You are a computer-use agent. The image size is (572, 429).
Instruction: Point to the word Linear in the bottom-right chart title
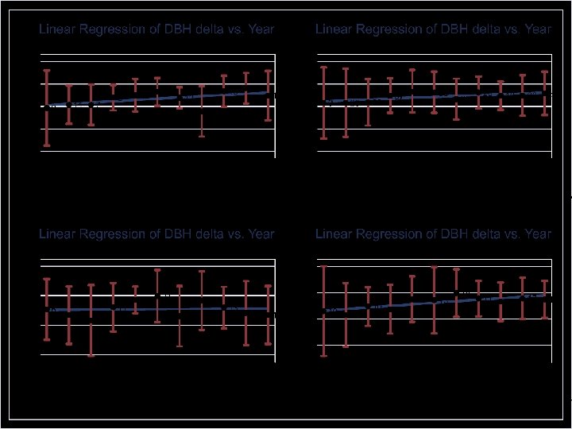[x=334, y=234]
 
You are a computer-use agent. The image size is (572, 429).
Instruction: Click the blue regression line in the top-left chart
[x=159, y=99]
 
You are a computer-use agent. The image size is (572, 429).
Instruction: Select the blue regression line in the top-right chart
[x=437, y=96]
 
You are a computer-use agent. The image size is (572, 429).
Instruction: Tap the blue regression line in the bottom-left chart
[x=159, y=309]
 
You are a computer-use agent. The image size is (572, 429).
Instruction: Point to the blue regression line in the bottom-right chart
[x=437, y=302]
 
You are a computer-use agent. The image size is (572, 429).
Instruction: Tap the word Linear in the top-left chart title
[x=58, y=29]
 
